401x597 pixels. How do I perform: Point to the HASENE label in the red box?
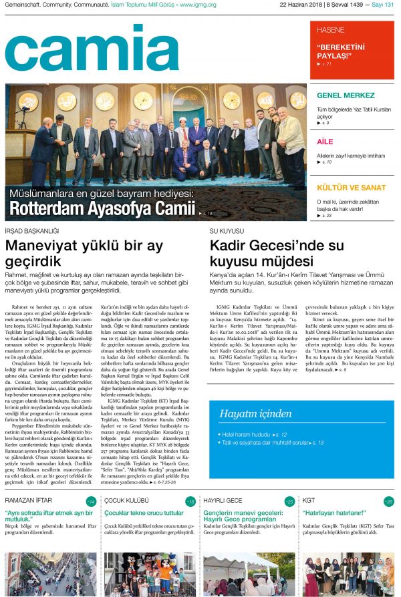pos(330,31)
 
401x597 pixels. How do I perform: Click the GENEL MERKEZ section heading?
pos(345,95)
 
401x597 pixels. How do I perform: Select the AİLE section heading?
pos(325,142)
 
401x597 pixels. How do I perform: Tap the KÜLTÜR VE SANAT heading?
pos(351,188)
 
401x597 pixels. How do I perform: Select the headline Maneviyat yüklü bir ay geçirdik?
pos(84,253)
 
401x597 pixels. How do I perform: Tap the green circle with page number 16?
pos(190,501)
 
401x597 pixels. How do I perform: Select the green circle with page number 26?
pos(389,501)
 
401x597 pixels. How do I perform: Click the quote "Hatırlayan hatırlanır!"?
pos(341,514)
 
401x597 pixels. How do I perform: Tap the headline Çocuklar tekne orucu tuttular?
pos(144,514)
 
